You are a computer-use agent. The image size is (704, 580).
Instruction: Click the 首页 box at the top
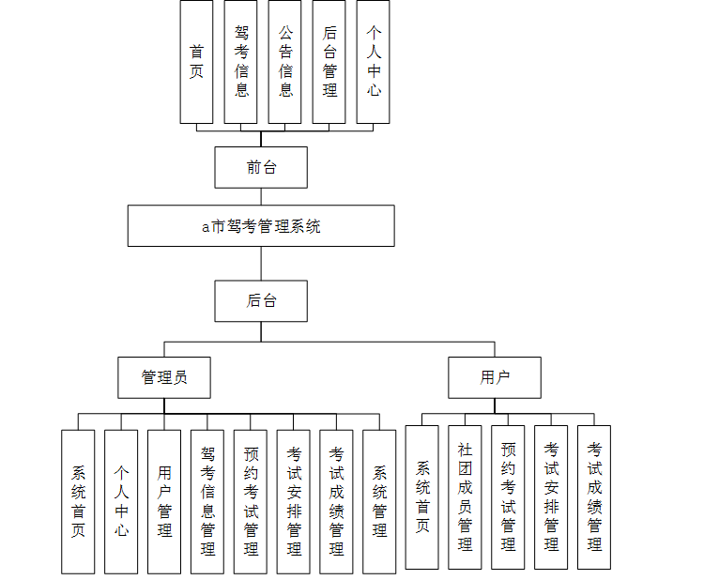[x=196, y=61]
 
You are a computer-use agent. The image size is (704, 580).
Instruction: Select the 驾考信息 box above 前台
[x=241, y=61]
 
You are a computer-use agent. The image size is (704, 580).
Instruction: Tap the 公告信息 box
[x=285, y=61]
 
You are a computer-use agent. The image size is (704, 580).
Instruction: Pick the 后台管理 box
[x=329, y=61]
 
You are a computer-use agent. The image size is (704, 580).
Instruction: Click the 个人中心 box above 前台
[x=374, y=61]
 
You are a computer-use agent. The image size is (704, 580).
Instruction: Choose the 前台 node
[x=261, y=167]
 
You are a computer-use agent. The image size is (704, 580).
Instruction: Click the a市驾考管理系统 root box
[x=261, y=225]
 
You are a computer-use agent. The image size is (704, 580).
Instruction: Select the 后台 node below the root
[x=261, y=300]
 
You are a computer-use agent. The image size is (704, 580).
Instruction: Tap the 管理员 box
[x=164, y=377]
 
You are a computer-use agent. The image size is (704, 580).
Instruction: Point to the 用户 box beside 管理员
[x=495, y=377]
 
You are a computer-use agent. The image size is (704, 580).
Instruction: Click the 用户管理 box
[x=164, y=501]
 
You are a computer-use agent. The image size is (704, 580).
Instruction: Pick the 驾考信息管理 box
[x=207, y=501]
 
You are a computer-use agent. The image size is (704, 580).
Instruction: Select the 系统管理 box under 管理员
[x=379, y=501]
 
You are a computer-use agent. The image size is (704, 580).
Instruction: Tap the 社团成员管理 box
[x=465, y=496]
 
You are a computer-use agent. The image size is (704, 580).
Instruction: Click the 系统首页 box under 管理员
[x=78, y=501]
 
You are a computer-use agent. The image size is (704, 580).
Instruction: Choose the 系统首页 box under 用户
[x=422, y=496]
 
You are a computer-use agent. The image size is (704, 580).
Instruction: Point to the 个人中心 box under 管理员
[x=121, y=501]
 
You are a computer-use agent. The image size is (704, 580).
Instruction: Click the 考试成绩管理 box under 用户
[x=594, y=496]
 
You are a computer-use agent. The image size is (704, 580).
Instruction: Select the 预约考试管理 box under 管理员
[x=251, y=501]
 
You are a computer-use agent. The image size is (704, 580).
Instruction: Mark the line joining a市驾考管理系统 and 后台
[x=261, y=264]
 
